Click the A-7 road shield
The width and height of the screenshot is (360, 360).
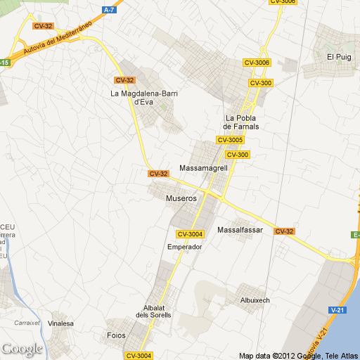tap(108, 10)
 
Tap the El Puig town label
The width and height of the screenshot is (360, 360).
tap(338, 56)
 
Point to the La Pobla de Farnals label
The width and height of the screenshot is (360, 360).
tap(241, 122)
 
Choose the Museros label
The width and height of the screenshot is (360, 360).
tap(181, 198)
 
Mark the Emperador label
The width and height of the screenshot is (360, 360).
tap(185, 247)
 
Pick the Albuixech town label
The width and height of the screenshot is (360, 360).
tap(255, 300)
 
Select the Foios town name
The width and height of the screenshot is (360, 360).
tap(116, 335)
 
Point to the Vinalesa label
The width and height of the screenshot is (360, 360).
tap(61, 324)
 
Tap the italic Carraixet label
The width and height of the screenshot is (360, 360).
tap(25, 323)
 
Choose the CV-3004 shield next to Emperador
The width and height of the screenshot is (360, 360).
tap(190, 234)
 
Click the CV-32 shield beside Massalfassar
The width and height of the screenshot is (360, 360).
tap(284, 231)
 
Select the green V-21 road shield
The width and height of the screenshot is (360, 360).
tap(337, 309)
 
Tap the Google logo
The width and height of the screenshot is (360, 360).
tap(22, 348)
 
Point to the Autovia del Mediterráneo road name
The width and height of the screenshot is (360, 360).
tap(58, 40)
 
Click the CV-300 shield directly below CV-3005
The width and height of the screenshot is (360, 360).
tap(238, 155)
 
